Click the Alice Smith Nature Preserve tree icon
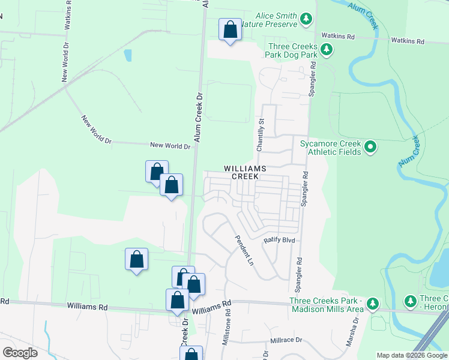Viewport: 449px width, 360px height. (307, 20)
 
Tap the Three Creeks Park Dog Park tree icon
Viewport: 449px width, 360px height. (326, 49)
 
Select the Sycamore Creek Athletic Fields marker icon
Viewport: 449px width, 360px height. (370, 146)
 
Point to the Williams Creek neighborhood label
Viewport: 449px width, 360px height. (245, 173)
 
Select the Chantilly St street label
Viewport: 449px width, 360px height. (261, 135)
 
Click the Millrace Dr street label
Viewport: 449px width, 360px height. (285, 340)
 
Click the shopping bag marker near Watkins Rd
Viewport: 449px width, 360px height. (230, 30)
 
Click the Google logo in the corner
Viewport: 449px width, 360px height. (20, 353)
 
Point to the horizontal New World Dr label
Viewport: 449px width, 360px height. (170, 145)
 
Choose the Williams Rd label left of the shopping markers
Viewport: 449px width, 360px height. (87, 307)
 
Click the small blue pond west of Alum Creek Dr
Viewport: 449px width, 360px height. (127, 56)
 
